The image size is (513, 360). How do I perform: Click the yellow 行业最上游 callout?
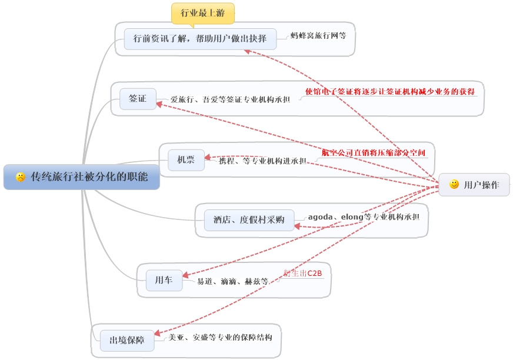tap(202, 12)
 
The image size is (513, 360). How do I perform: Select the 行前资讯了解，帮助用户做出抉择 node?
tap(200, 39)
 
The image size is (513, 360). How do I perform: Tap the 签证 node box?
tap(138, 99)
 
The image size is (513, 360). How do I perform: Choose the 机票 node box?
tap(182, 159)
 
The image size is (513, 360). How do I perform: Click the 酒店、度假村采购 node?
tap(249, 219)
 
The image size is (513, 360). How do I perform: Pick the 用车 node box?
tap(164, 281)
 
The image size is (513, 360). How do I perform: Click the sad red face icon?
tap(21, 176)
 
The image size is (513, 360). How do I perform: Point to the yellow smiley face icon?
tap(454, 185)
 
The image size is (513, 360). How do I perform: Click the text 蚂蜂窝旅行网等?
tap(318, 36)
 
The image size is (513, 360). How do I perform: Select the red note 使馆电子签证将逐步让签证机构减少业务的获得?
tap(391, 92)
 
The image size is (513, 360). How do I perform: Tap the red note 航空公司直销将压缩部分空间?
tap(373, 153)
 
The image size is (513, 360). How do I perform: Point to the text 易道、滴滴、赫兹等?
tap(233, 281)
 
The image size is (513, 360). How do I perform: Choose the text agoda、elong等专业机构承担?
tap(364, 217)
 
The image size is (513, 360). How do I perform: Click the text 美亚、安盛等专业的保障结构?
tap(220, 338)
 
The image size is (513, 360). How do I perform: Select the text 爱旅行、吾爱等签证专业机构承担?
tap(230, 100)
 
